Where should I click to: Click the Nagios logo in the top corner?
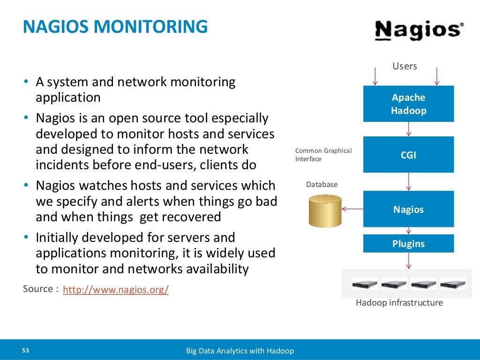click(x=419, y=30)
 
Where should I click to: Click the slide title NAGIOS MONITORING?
click(x=115, y=27)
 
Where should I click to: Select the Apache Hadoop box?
click(x=408, y=104)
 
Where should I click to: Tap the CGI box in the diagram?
click(x=408, y=155)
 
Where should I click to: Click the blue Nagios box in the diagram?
click(x=408, y=209)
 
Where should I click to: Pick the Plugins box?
click(x=408, y=243)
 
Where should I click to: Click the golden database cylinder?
click(x=325, y=211)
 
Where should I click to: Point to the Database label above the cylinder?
click(x=322, y=185)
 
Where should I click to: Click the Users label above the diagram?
click(x=405, y=66)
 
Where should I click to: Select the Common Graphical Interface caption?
click(x=323, y=155)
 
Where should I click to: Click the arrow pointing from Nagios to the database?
click(x=352, y=210)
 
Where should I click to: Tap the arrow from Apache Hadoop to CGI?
click(x=409, y=129)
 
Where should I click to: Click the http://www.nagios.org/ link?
click(x=115, y=290)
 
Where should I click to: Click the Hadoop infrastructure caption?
click(x=399, y=303)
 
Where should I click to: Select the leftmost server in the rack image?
click(x=365, y=284)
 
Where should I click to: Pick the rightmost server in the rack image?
click(x=452, y=284)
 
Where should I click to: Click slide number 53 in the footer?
click(x=25, y=351)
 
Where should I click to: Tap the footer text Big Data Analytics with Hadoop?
click(x=240, y=351)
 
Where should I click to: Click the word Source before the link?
click(x=38, y=289)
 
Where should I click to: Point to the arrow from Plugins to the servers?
click(x=409, y=261)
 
